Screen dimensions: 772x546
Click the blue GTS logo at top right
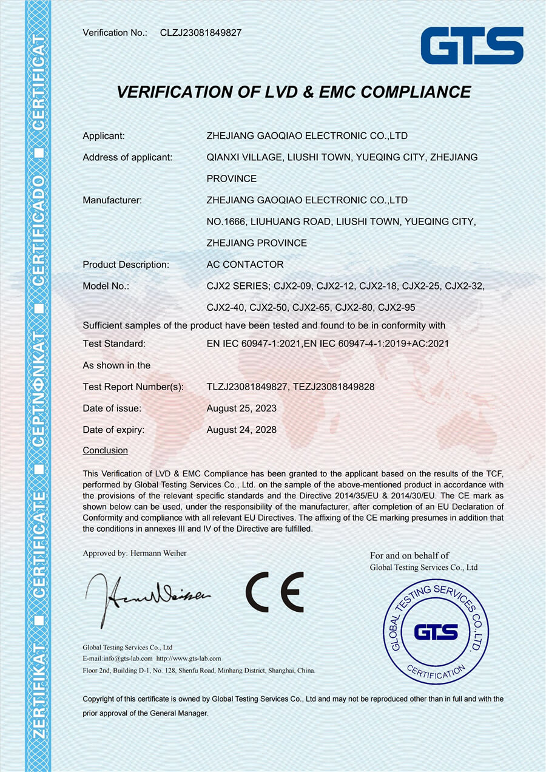pos(472,46)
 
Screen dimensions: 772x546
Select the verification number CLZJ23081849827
pos(201,33)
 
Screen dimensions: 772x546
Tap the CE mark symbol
pos(275,592)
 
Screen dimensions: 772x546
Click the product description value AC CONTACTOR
pos(245,265)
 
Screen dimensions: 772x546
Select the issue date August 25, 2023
pos(241,408)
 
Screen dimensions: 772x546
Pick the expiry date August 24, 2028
pos(241,430)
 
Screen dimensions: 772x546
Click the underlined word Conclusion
pos(106,450)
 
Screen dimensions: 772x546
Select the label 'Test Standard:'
pos(114,344)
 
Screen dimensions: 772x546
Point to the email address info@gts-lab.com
pos(124,659)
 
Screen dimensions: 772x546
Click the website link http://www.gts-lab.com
pos(189,659)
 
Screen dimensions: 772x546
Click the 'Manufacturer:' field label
pos(112,200)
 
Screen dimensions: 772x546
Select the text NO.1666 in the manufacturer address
pos(226,222)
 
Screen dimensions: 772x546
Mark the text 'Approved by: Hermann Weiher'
pos(135,553)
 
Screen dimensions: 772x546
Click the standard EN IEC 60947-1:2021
pos(254,344)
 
